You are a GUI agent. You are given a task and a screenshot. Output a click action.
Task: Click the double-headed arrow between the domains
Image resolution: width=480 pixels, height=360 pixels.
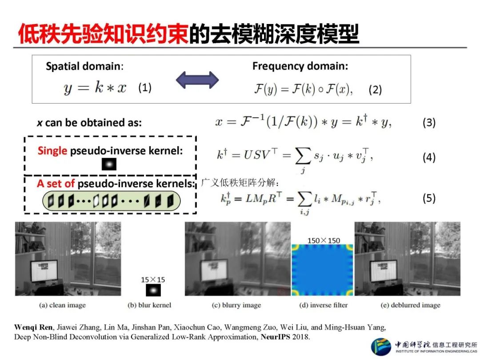[x=197, y=80]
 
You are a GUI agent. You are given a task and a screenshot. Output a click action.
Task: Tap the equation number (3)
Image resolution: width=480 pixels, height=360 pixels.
[x=428, y=122]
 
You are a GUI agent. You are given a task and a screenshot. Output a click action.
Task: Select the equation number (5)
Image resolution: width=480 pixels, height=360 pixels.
[x=428, y=198]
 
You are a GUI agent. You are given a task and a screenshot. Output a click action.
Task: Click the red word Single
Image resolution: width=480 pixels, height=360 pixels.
[x=52, y=151]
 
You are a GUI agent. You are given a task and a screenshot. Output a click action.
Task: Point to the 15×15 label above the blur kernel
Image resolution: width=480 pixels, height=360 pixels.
[x=153, y=280]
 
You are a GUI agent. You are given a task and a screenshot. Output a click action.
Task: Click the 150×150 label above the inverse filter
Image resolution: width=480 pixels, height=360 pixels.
[x=324, y=240]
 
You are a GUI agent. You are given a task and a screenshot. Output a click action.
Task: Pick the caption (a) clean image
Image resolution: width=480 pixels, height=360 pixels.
[x=63, y=305]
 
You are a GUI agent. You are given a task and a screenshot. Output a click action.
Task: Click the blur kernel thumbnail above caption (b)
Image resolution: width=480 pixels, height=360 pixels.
[x=153, y=290]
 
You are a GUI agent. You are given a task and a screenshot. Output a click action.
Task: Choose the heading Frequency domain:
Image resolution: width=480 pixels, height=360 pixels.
[x=300, y=66]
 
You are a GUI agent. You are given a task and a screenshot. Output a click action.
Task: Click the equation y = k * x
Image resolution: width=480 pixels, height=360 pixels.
[x=95, y=88]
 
